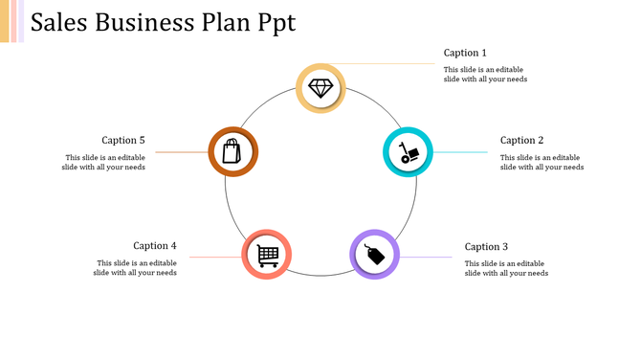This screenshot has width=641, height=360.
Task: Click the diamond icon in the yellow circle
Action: [320, 89]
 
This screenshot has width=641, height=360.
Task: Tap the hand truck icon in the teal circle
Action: [408, 152]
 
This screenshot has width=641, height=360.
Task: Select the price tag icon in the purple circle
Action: [374, 254]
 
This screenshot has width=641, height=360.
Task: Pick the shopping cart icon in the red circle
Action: [267, 255]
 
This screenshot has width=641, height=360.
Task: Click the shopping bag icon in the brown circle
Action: [232, 151]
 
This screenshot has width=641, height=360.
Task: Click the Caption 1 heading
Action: [465, 53]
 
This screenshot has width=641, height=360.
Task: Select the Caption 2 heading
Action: [521, 141]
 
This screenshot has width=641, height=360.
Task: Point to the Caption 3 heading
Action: [486, 247]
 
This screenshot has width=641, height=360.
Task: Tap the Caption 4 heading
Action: [155, 246]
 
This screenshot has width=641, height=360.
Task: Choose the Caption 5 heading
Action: [123, 141]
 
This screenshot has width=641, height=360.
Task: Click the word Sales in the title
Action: [60, 23]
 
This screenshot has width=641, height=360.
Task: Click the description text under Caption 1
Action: [485, 75]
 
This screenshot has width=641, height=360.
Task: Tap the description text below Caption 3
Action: [506, 268]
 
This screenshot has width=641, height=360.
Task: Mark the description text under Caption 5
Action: [105, 163]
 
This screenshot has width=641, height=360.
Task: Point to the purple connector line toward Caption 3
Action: [426, 257]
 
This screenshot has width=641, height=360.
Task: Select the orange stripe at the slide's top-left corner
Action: [5, 21]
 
